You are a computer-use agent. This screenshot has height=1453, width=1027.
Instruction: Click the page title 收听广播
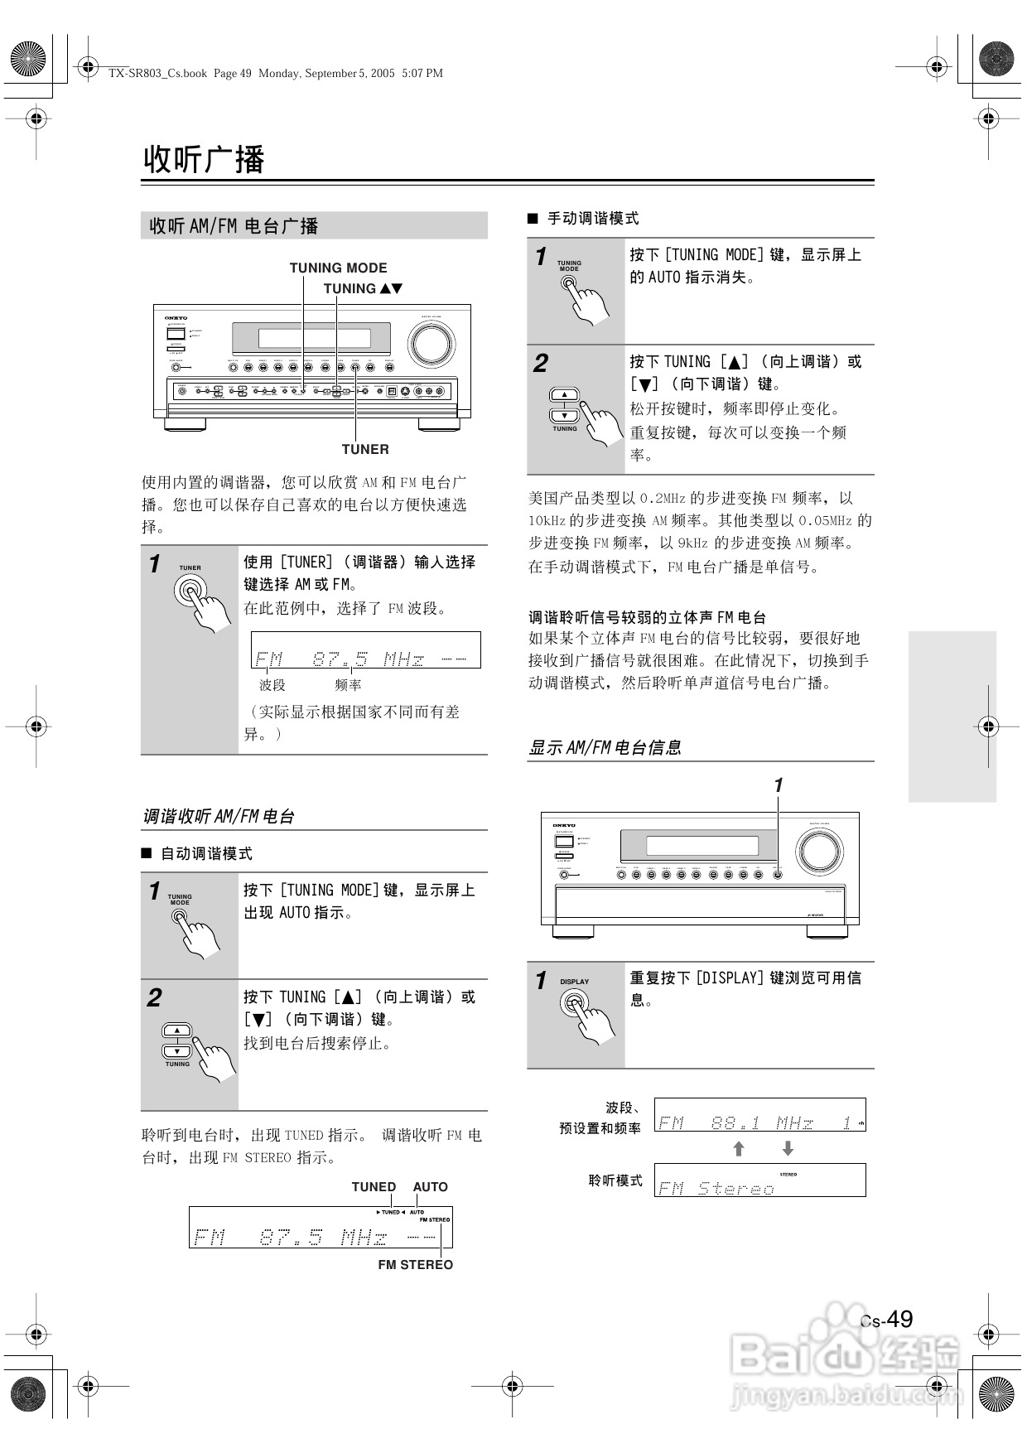click(204, 159)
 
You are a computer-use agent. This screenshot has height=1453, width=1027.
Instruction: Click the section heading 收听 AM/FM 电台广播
click(234, 226)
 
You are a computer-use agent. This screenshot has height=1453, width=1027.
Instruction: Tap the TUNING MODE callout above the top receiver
click(338, 268)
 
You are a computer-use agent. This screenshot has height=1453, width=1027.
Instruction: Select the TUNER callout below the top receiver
click(365, 449)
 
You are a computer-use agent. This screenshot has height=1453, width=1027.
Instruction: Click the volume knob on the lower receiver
click(819, 851)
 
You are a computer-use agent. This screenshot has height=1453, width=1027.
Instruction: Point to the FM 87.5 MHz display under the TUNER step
click(365, 651)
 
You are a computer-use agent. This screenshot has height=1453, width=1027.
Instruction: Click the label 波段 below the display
click(272, 685)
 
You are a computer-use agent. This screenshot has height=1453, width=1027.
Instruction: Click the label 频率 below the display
click(348, 685)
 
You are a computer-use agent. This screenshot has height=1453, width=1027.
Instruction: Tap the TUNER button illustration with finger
click(191, 591)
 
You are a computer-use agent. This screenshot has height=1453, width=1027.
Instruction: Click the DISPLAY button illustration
click(574, 1003)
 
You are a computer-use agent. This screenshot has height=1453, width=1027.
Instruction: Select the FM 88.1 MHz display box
click(759, 1115)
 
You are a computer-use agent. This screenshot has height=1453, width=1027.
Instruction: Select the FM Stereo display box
click(759, 1180)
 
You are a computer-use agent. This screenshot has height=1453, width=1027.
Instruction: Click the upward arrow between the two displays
click(739, 1148)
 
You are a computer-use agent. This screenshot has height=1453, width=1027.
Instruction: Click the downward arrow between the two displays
click(788, 1148)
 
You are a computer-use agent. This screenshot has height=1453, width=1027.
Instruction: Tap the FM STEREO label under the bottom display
click(415, 1265)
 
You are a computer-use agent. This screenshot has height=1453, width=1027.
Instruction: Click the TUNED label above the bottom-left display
click(374, 1187)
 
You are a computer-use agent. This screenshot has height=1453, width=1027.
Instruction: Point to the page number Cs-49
click(887, 1320)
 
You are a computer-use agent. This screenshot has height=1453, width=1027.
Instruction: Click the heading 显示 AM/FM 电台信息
click(605, 748)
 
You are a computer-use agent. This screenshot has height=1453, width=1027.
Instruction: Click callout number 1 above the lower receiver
click(778, 784)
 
